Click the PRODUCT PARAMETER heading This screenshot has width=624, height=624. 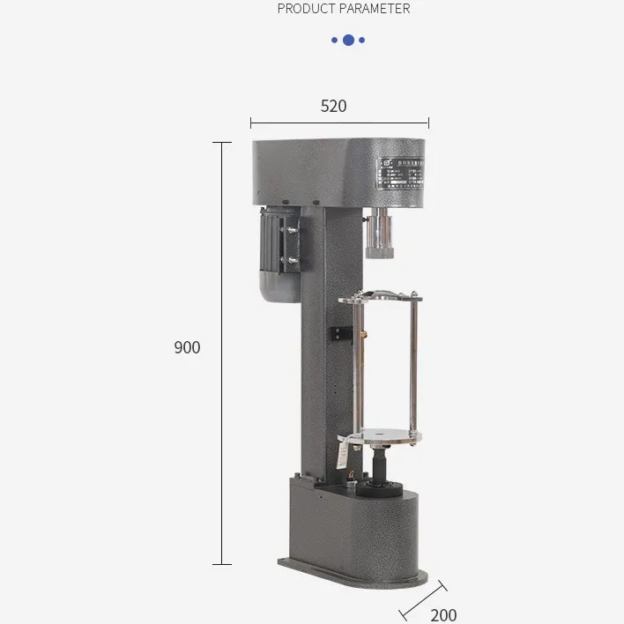tap(344, 9)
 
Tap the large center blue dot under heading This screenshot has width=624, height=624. tap(348, 40)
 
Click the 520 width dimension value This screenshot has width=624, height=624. tap(333, 106)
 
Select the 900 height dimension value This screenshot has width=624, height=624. tap(187, 347)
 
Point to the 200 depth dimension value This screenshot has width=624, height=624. tap(444, 614)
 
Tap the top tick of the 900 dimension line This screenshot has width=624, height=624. tap(220, 142)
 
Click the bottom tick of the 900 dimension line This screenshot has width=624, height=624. tap(220, 564)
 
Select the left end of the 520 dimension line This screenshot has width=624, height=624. tap(251, 123)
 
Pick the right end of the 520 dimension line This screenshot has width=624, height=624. tap(428, 123)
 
